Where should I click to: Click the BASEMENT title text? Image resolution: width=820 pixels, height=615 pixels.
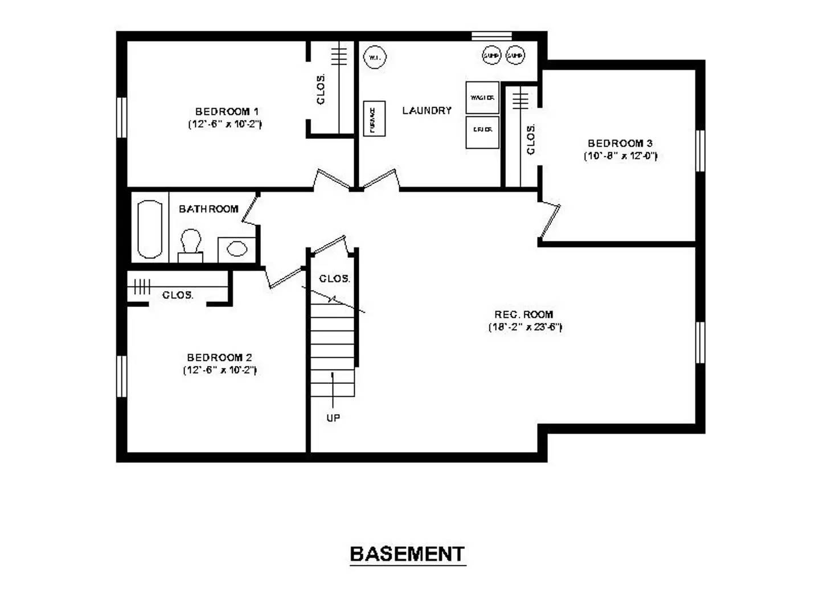click(407, 553)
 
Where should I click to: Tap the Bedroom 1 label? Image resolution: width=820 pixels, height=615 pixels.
click(227, 112)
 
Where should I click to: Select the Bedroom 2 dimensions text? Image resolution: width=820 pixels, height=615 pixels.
click(220, 370)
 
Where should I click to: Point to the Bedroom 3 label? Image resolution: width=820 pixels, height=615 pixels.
click(620, 143)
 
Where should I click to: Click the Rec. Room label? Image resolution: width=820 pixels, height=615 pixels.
click(523, 314)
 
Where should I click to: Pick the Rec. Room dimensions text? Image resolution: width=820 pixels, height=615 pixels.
click(525, 327)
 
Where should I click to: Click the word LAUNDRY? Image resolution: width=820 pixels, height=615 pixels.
click(427, 110)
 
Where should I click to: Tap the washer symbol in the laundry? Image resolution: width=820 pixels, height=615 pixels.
click(482, 97)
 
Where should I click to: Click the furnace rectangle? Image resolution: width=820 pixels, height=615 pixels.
click(374, 118)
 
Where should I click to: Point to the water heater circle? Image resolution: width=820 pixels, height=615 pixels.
click(375, 58)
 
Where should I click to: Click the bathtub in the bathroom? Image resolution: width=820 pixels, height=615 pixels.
click(150, 229)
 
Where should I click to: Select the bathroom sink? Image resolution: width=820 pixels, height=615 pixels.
click(236, 249)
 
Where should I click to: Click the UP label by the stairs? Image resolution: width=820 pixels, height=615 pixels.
click(333, 418)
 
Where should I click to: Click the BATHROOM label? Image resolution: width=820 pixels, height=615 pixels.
click(208, 209)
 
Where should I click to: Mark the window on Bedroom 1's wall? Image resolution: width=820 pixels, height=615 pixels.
click(121, 117)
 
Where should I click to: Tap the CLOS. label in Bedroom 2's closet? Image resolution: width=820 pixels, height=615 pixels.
click(178, 295)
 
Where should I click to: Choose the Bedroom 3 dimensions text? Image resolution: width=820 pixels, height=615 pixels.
click(620, 156)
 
